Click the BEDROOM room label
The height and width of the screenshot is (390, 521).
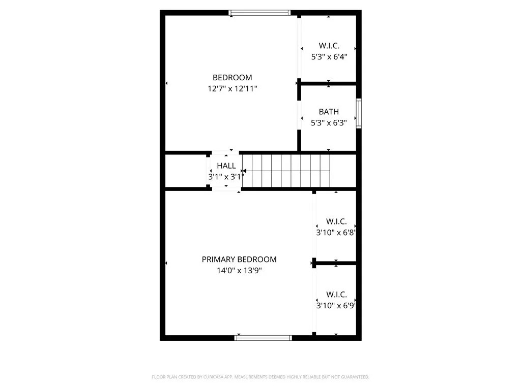[x=232, y=78]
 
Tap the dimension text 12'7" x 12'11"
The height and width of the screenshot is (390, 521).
[x=232, y=88]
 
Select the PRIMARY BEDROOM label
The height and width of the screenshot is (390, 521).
[x=239, y=259]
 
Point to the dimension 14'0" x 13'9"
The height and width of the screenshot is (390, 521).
[x=239, y=270]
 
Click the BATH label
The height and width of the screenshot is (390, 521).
[x=329, y=112]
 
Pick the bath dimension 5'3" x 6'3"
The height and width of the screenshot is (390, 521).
[x=329, y=123]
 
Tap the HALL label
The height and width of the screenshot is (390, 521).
[x=226, y=166]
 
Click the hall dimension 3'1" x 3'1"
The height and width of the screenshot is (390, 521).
[x=226, y=177]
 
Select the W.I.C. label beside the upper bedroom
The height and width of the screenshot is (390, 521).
[x=329, y=46]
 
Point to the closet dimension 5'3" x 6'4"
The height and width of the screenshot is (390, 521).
[x=329, y=57]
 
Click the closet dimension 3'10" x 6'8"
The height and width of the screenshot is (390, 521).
[x=336, y=232]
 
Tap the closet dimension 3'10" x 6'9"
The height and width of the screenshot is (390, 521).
[x=336, y=305]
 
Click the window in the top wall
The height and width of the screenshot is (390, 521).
[x=259, y=13]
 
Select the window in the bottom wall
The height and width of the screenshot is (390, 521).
[x=263, y=338]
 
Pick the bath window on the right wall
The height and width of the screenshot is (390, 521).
[x=359, y=113]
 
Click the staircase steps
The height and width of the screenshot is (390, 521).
[x=286, y=171]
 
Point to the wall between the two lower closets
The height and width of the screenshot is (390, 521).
[x=335, y=264]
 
